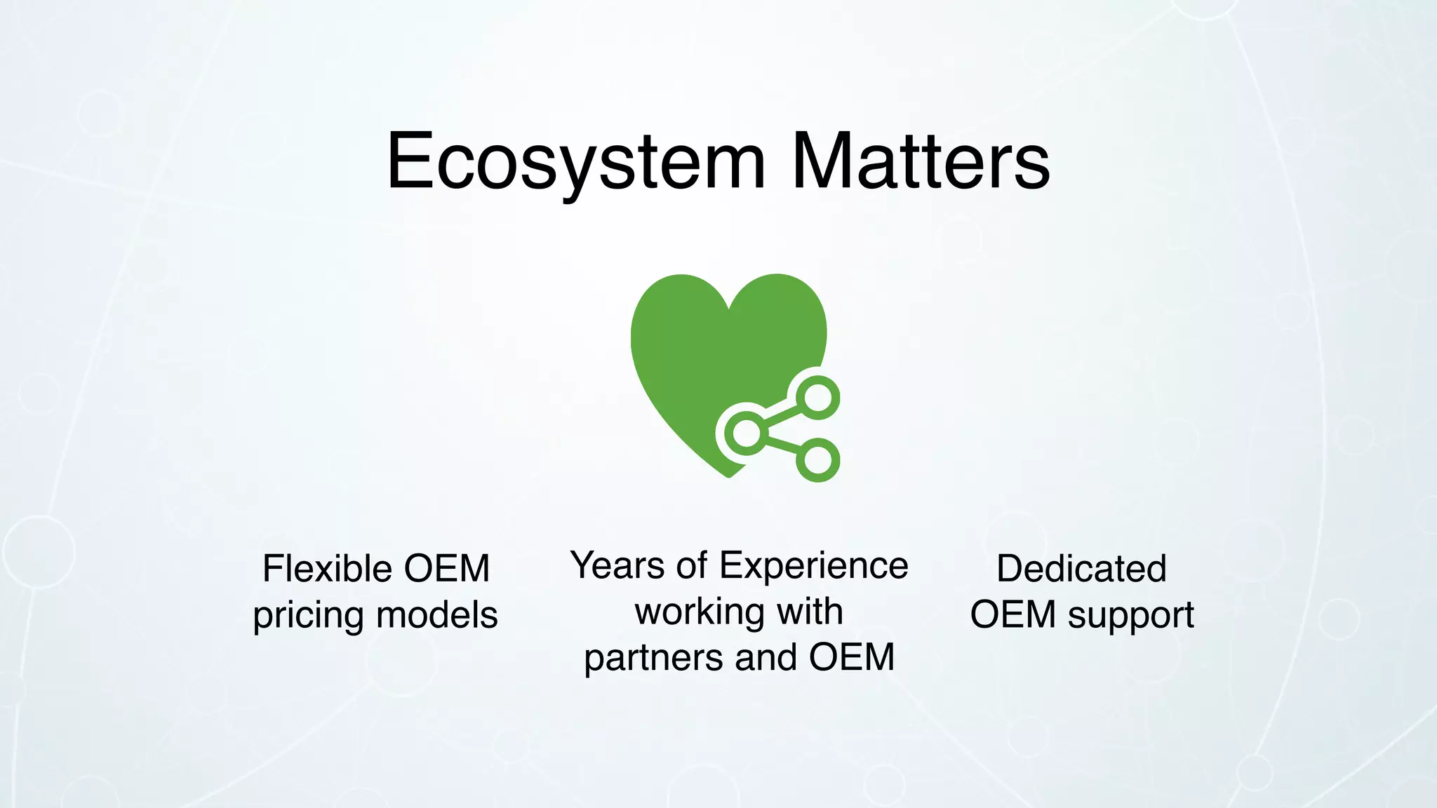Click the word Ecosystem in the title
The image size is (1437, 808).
point(575,163)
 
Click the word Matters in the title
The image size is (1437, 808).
point(921,163)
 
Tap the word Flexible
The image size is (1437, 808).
point(327,568)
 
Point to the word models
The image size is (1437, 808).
point(436,615)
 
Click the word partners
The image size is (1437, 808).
point(653,658)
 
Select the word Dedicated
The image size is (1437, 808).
point(1081,568)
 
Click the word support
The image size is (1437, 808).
point(1130,616)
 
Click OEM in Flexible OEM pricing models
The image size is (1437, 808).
point(447,568)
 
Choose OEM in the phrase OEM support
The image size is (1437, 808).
point(1012,614)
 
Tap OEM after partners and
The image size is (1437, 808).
point(852,657)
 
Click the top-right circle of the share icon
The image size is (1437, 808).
point(818,398)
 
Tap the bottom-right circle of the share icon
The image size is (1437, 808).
point(818,460)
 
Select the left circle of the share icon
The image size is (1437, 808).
point(747,432)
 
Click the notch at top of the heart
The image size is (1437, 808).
point(730,307)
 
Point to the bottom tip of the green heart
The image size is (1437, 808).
point(728,476)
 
